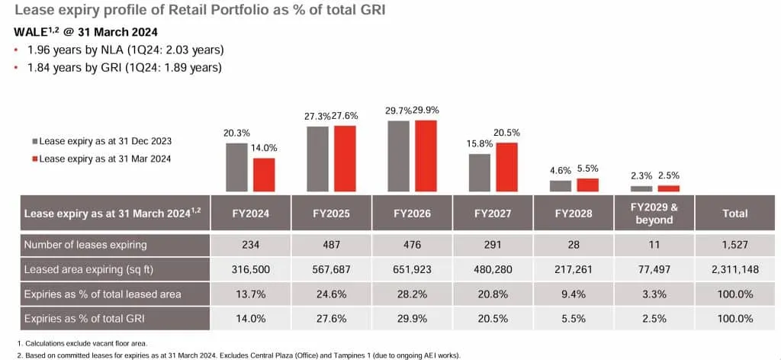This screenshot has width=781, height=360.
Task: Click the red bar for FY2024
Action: [x=264, y=175]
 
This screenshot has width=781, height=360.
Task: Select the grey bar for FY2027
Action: [x=480, y=172]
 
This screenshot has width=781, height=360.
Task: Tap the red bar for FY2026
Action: [x=426, y=156]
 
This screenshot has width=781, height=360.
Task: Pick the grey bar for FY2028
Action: [x=561, y=185]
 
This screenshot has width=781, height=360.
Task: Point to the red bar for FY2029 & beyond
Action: [x=668, y=188]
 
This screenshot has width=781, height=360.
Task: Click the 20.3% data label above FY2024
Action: [x=236, y=132]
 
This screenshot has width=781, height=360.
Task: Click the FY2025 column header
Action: [x=331, y=214]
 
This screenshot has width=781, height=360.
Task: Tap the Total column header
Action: [x=735, y=214]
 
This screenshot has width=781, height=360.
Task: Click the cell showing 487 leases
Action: [x=331, y=245]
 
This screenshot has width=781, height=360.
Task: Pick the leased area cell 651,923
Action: [x=412, y=269]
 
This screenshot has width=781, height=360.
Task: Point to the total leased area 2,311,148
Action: [x=735, y=269]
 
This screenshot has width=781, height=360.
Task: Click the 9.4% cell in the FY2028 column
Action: [x=574, y=294]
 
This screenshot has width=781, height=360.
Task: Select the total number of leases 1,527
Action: [x=735, y=245]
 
